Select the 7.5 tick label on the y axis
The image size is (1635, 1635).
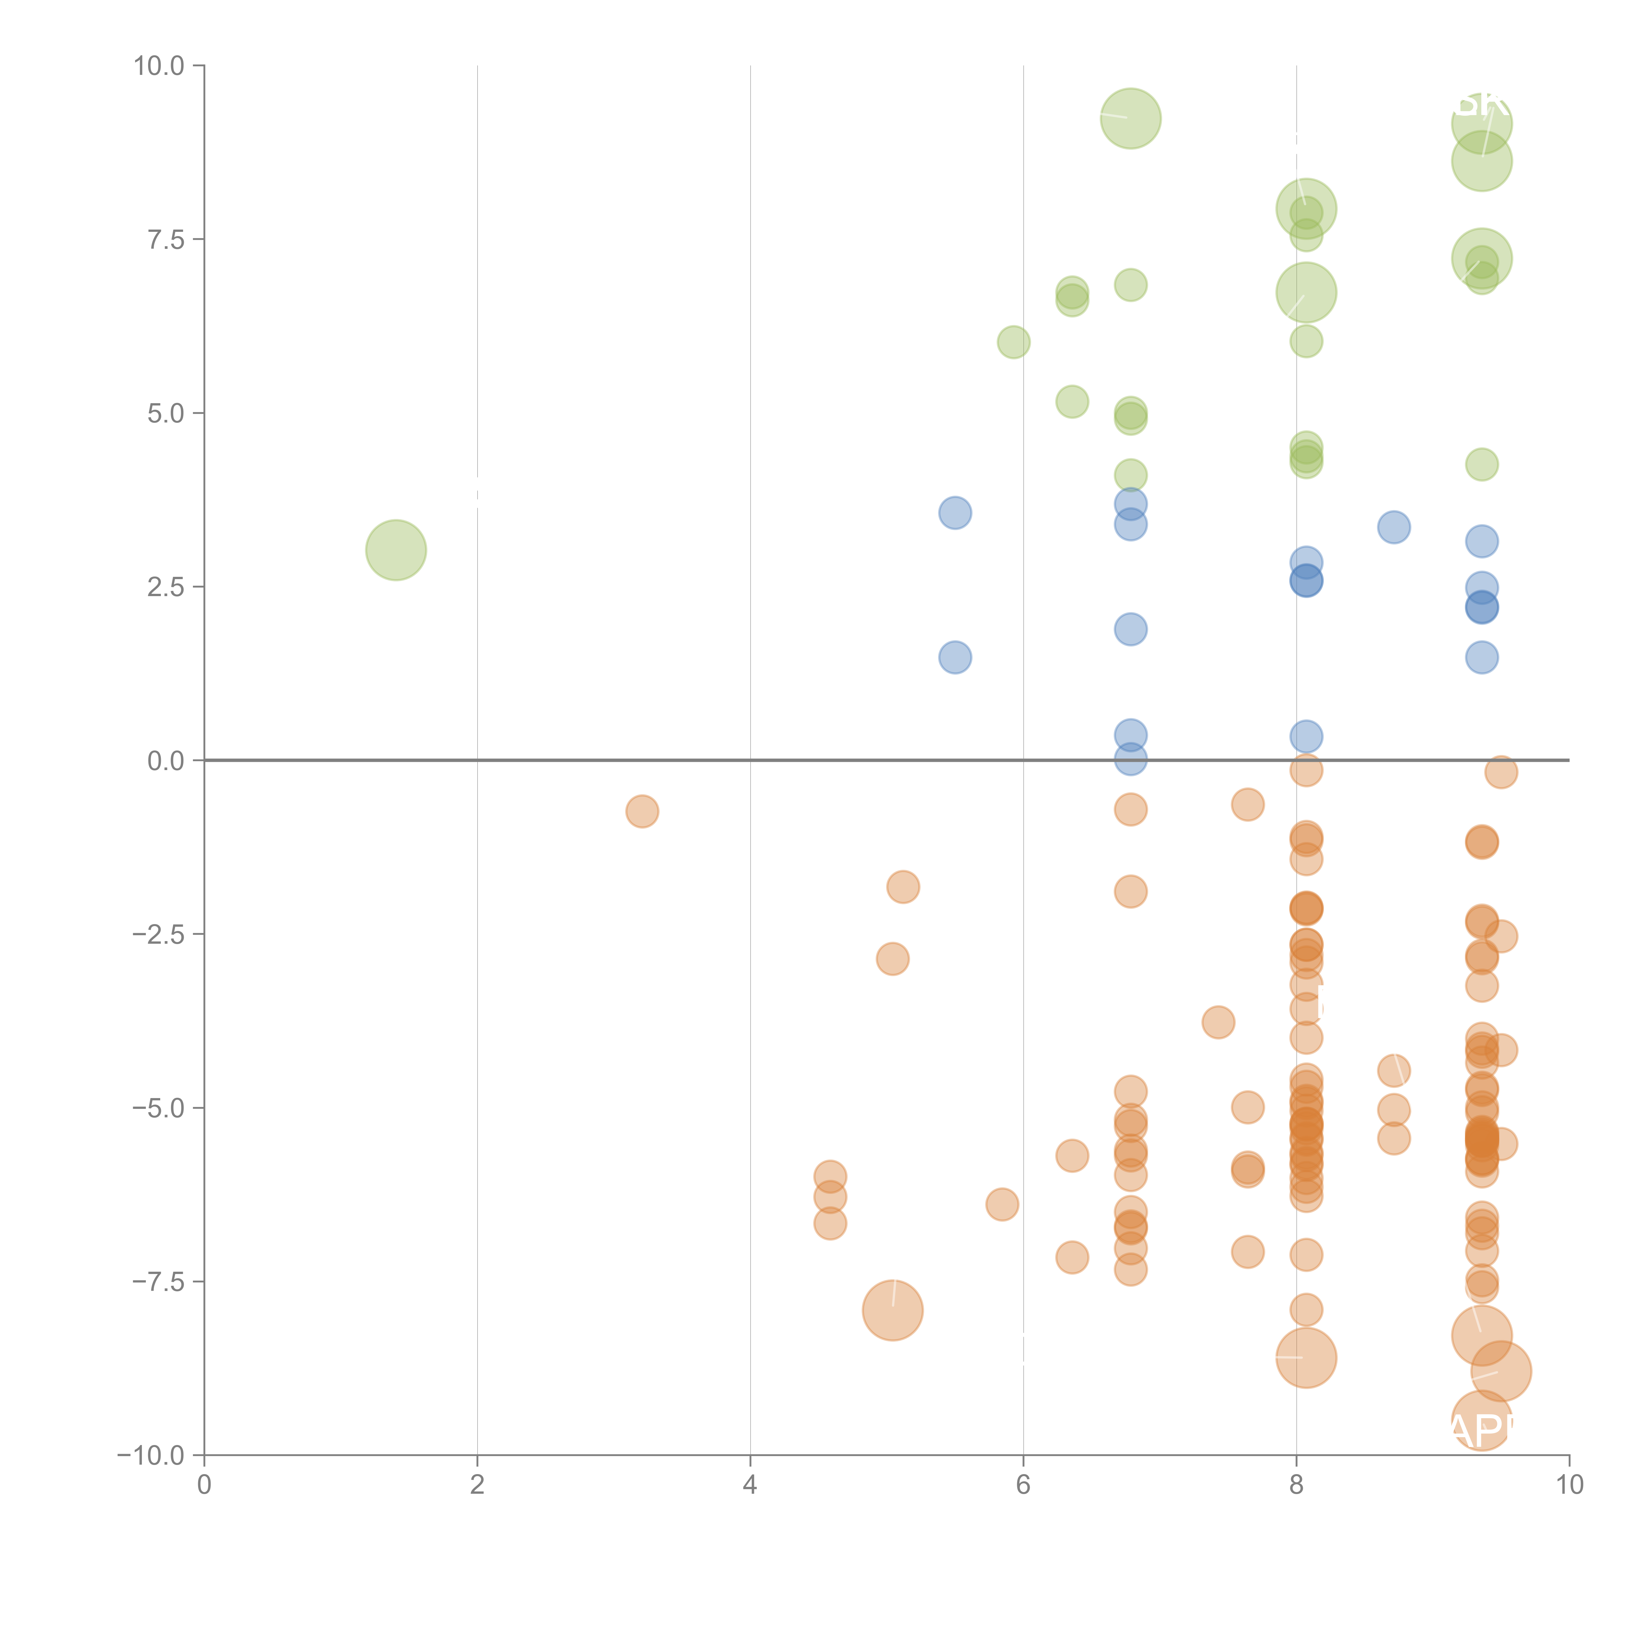tap(165, 239)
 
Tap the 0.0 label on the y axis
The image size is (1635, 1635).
tap(165, 761)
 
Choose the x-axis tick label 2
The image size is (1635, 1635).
tap(477, 1484)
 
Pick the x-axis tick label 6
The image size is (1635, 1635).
tap(1023, 1484)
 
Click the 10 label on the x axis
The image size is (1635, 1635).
tap(1569, 1484)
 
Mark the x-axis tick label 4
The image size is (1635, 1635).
tap(750, 1484)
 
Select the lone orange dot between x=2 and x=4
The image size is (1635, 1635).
tap(642, 812)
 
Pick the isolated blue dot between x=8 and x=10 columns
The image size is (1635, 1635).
tap(1394, 527)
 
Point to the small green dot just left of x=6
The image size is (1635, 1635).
tap(1014, 342)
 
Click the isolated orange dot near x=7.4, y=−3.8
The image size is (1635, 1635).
tap(1218, 1022)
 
